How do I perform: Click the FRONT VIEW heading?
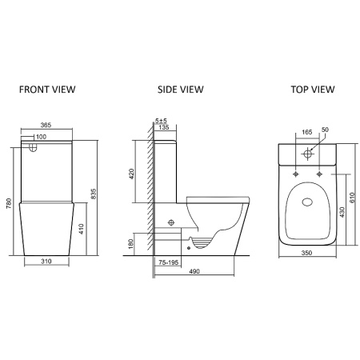(47, 90)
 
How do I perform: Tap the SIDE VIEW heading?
(181, 90)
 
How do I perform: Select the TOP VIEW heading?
(313, 90)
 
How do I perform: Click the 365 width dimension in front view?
(46, 125)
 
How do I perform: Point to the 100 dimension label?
(41, 137)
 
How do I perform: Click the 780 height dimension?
(9, 203)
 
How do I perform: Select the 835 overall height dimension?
(94, 194)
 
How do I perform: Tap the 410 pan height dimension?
(82, 229)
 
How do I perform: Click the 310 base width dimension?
(46, 262)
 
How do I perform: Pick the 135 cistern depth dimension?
(164, 127)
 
